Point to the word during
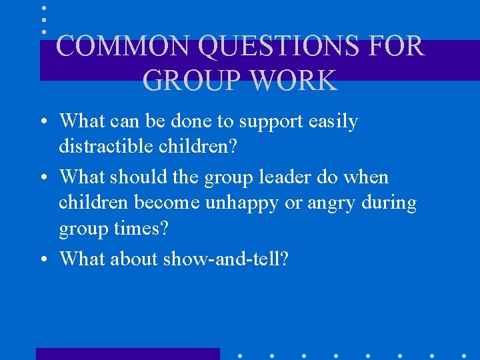[x=389, y=202]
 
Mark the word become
[x=167, y=202]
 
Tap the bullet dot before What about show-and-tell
[x=43, y=259]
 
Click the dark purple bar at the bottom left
[x=127, y=353]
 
